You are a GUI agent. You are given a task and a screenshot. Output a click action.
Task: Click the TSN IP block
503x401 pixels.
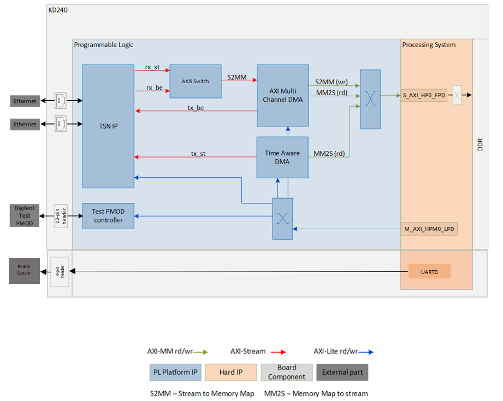(108, 126)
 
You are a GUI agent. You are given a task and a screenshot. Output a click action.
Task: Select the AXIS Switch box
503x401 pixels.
(196, 82)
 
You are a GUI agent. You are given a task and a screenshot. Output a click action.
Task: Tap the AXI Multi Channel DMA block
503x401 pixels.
(282, 95)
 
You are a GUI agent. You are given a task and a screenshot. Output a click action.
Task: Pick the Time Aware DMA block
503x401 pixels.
(282, 158)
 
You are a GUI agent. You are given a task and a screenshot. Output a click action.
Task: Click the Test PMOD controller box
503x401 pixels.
(108, 216)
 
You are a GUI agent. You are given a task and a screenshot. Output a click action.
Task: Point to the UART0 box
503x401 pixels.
(429, 271)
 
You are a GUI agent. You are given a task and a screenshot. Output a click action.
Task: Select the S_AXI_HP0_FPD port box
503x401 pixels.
(424, 95)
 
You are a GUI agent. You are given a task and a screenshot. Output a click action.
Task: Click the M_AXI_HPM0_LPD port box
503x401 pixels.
(429, 229)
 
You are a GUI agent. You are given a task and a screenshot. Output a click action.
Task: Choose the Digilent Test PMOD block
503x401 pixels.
(25, 216)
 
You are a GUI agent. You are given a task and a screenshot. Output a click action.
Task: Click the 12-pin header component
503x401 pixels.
(61, 216)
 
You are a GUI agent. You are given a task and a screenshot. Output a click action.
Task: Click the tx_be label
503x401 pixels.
(196, 108)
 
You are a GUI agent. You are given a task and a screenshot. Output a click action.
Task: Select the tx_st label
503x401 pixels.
(198, 153)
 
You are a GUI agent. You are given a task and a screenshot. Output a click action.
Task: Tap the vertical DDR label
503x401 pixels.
(480, 144)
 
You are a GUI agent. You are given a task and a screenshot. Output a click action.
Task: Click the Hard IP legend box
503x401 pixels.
(231, 373)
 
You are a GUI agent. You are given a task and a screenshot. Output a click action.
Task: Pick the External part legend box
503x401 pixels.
(342, 373)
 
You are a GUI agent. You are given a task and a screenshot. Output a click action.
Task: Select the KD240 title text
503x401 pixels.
(57, 10)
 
